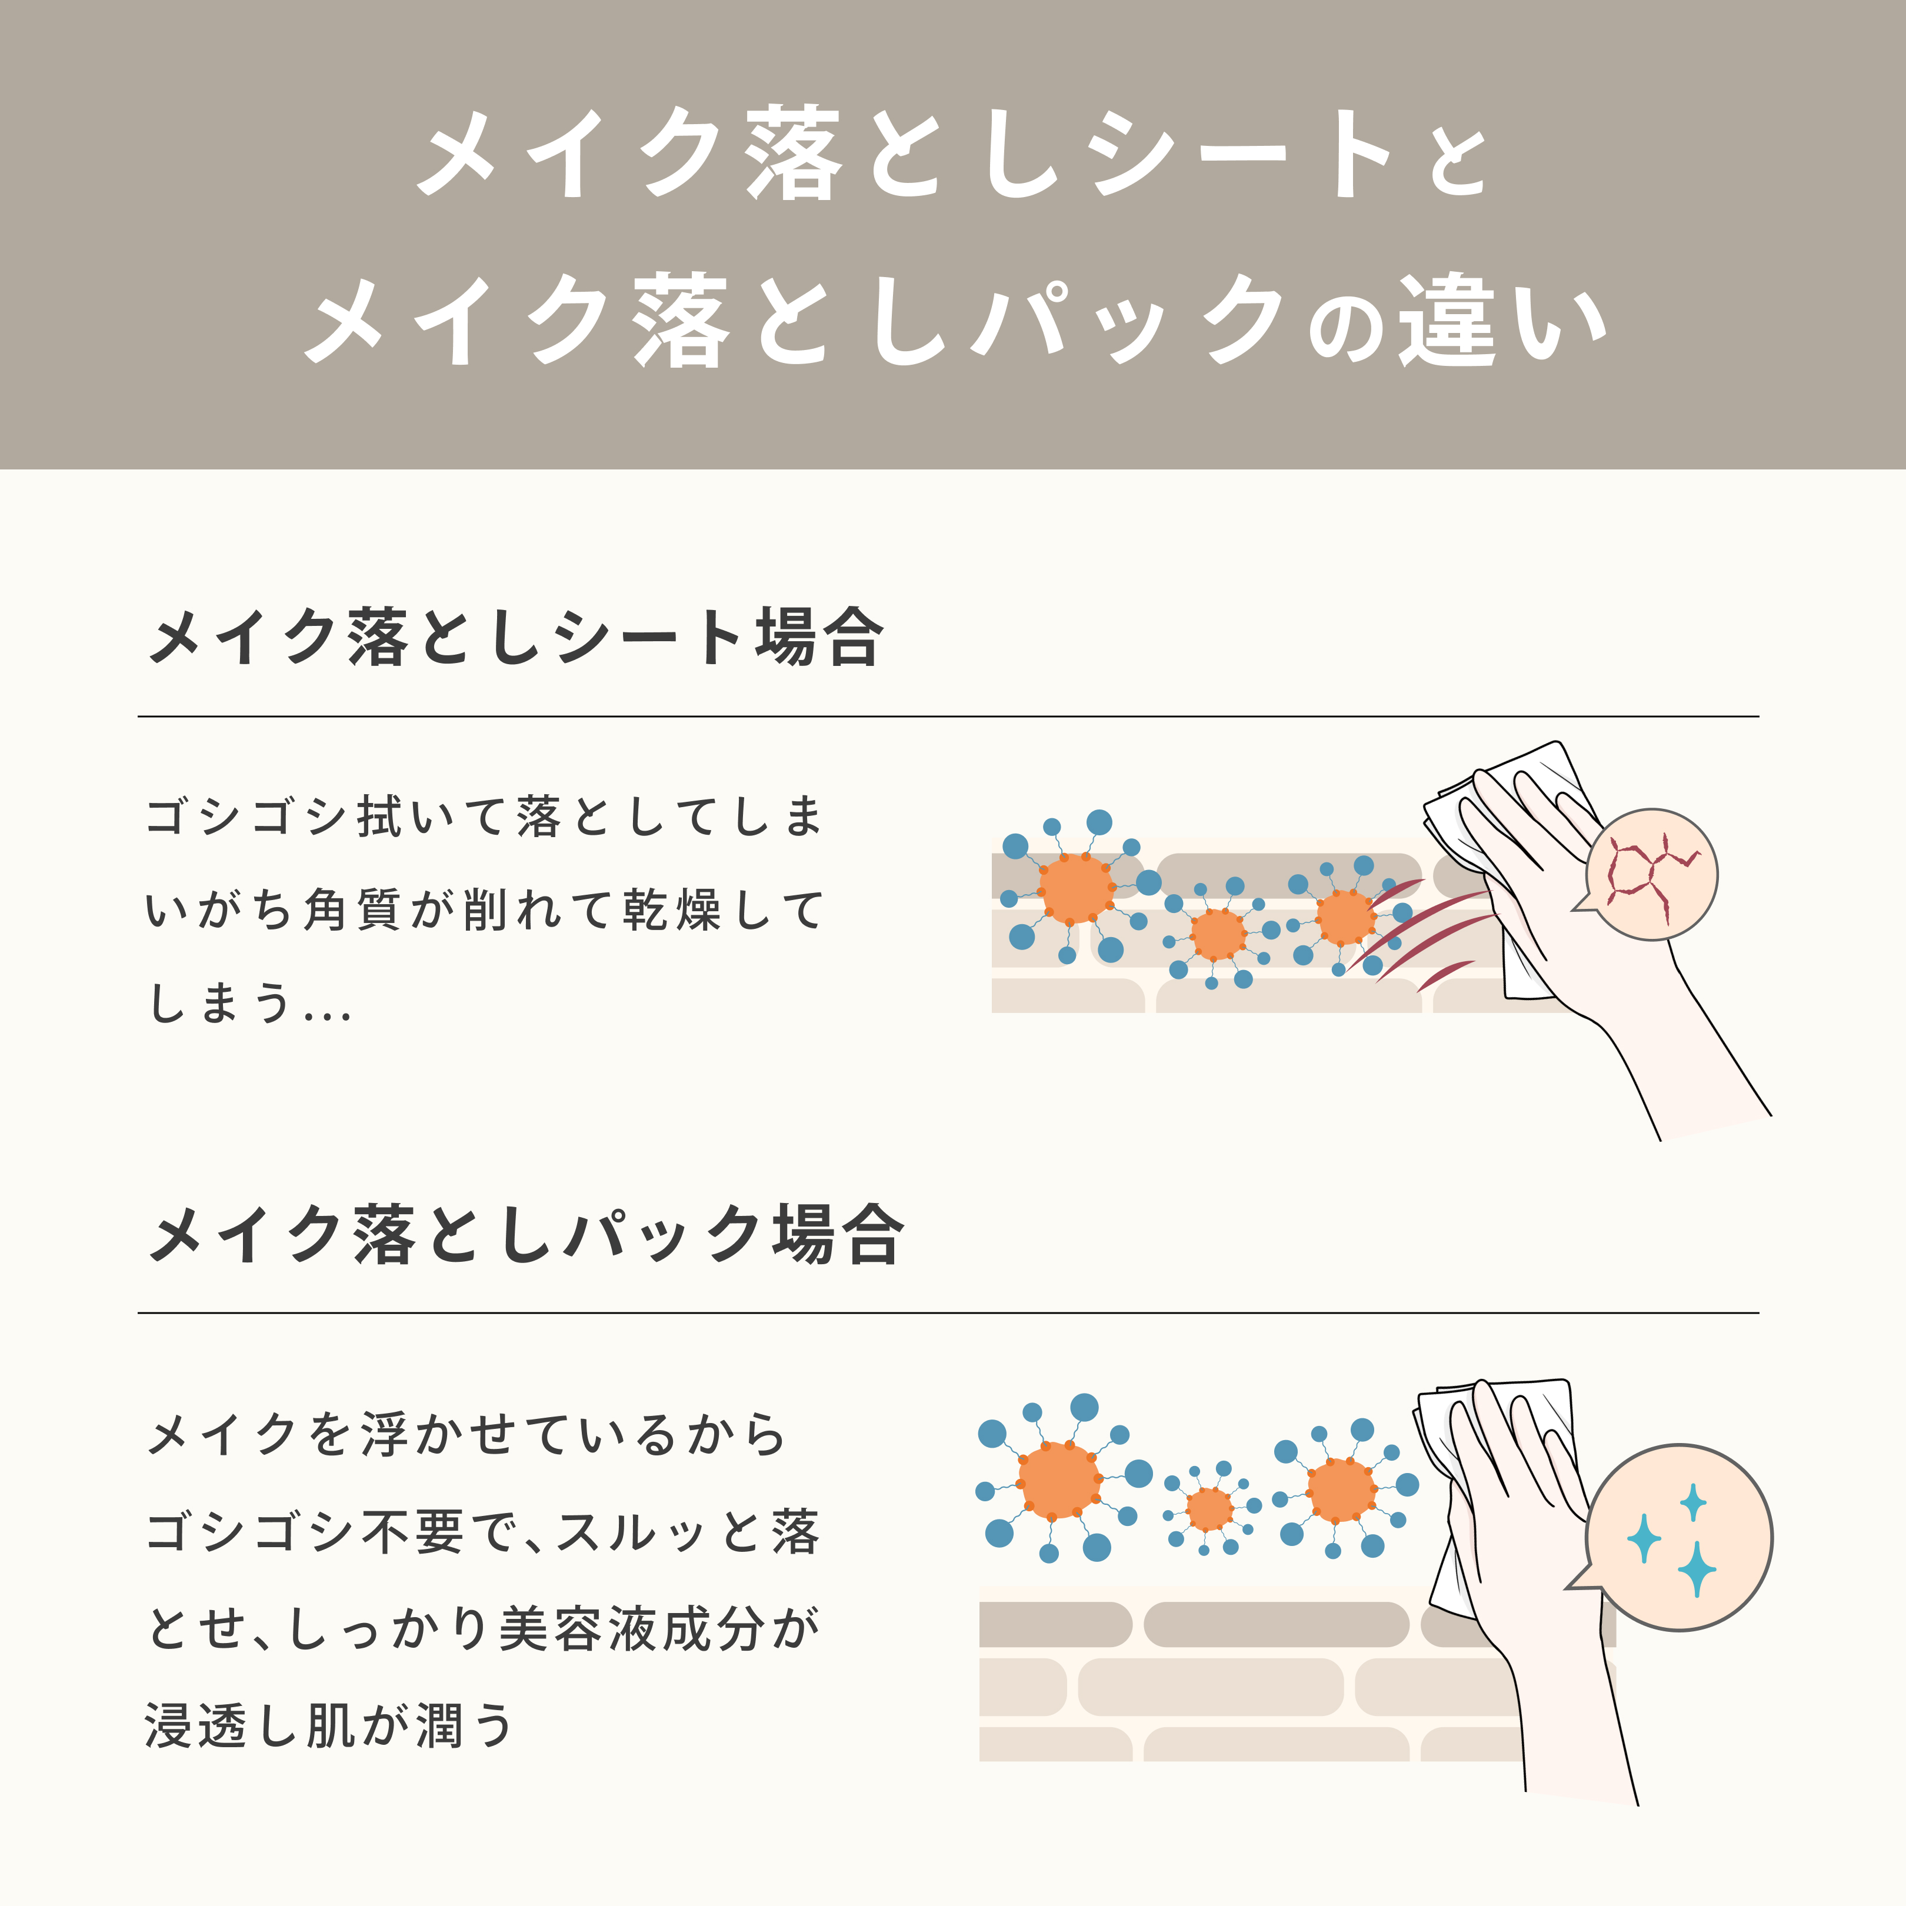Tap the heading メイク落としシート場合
[x=515, y=637]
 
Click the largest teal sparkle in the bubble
[x=1696, y=1568]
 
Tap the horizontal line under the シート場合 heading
[x=948, y=717]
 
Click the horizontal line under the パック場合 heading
[x=948, y=1313]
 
